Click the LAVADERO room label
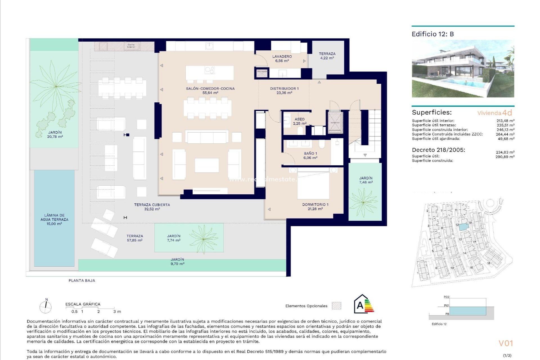[282, 57]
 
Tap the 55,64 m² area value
[210, 93]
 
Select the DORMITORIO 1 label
[315, 204]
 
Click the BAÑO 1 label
[310, 154]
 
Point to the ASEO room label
[300, 119]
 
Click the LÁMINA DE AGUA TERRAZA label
[54, 217]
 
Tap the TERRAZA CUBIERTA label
[152, 205]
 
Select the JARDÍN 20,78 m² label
[55, 134]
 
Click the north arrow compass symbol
[46, 307]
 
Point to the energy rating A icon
[363, 305]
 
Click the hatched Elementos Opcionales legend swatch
[336, 306]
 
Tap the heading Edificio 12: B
[433, 34]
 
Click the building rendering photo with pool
[463, 69]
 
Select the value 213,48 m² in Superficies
[505, 121]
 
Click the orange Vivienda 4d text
[494, 113]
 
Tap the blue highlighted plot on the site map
[463, 227]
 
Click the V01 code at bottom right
[506, 343]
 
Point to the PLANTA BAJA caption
[82, 280]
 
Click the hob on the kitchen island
[210, 70]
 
